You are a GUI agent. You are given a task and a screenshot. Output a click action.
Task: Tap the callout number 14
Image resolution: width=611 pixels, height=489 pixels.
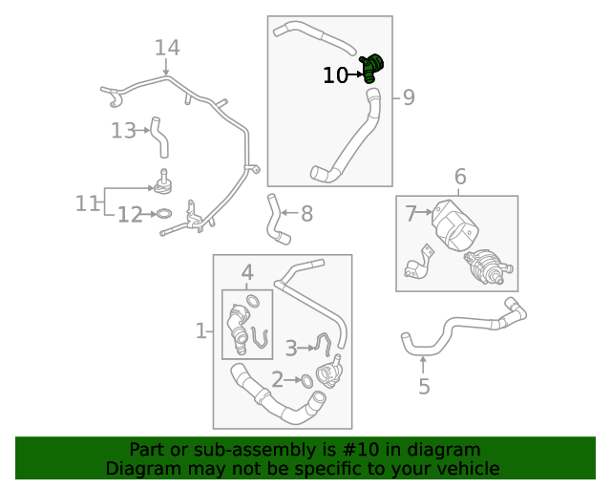point(167,48)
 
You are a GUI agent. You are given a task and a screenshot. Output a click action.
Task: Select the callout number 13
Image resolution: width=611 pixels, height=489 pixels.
point(124,131)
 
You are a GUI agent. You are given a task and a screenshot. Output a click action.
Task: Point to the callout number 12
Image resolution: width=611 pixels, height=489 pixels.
point(130,216)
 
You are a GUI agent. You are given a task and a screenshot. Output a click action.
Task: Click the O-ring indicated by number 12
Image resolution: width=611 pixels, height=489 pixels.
point(164,215)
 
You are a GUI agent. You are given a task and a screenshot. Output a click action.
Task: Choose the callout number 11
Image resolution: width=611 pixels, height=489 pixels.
point(88,203)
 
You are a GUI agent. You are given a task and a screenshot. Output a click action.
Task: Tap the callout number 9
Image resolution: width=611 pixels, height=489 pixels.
point(408,97)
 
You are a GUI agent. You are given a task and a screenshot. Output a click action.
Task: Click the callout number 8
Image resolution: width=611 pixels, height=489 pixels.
point(306,214)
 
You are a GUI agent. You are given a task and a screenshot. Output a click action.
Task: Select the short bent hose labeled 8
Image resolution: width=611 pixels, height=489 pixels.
point(276,219)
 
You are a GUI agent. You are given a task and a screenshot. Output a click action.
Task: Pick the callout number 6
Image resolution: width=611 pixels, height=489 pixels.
point(460,177)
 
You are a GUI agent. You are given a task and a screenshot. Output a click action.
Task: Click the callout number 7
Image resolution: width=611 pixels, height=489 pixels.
point(411,214)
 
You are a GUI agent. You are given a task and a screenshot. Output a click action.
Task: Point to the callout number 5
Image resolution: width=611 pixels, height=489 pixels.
point(424,386)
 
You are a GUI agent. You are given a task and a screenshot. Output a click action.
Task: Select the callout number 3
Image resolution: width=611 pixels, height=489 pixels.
point(291,348)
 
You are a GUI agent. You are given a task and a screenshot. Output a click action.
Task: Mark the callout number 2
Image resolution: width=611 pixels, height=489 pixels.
point(277,380)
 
